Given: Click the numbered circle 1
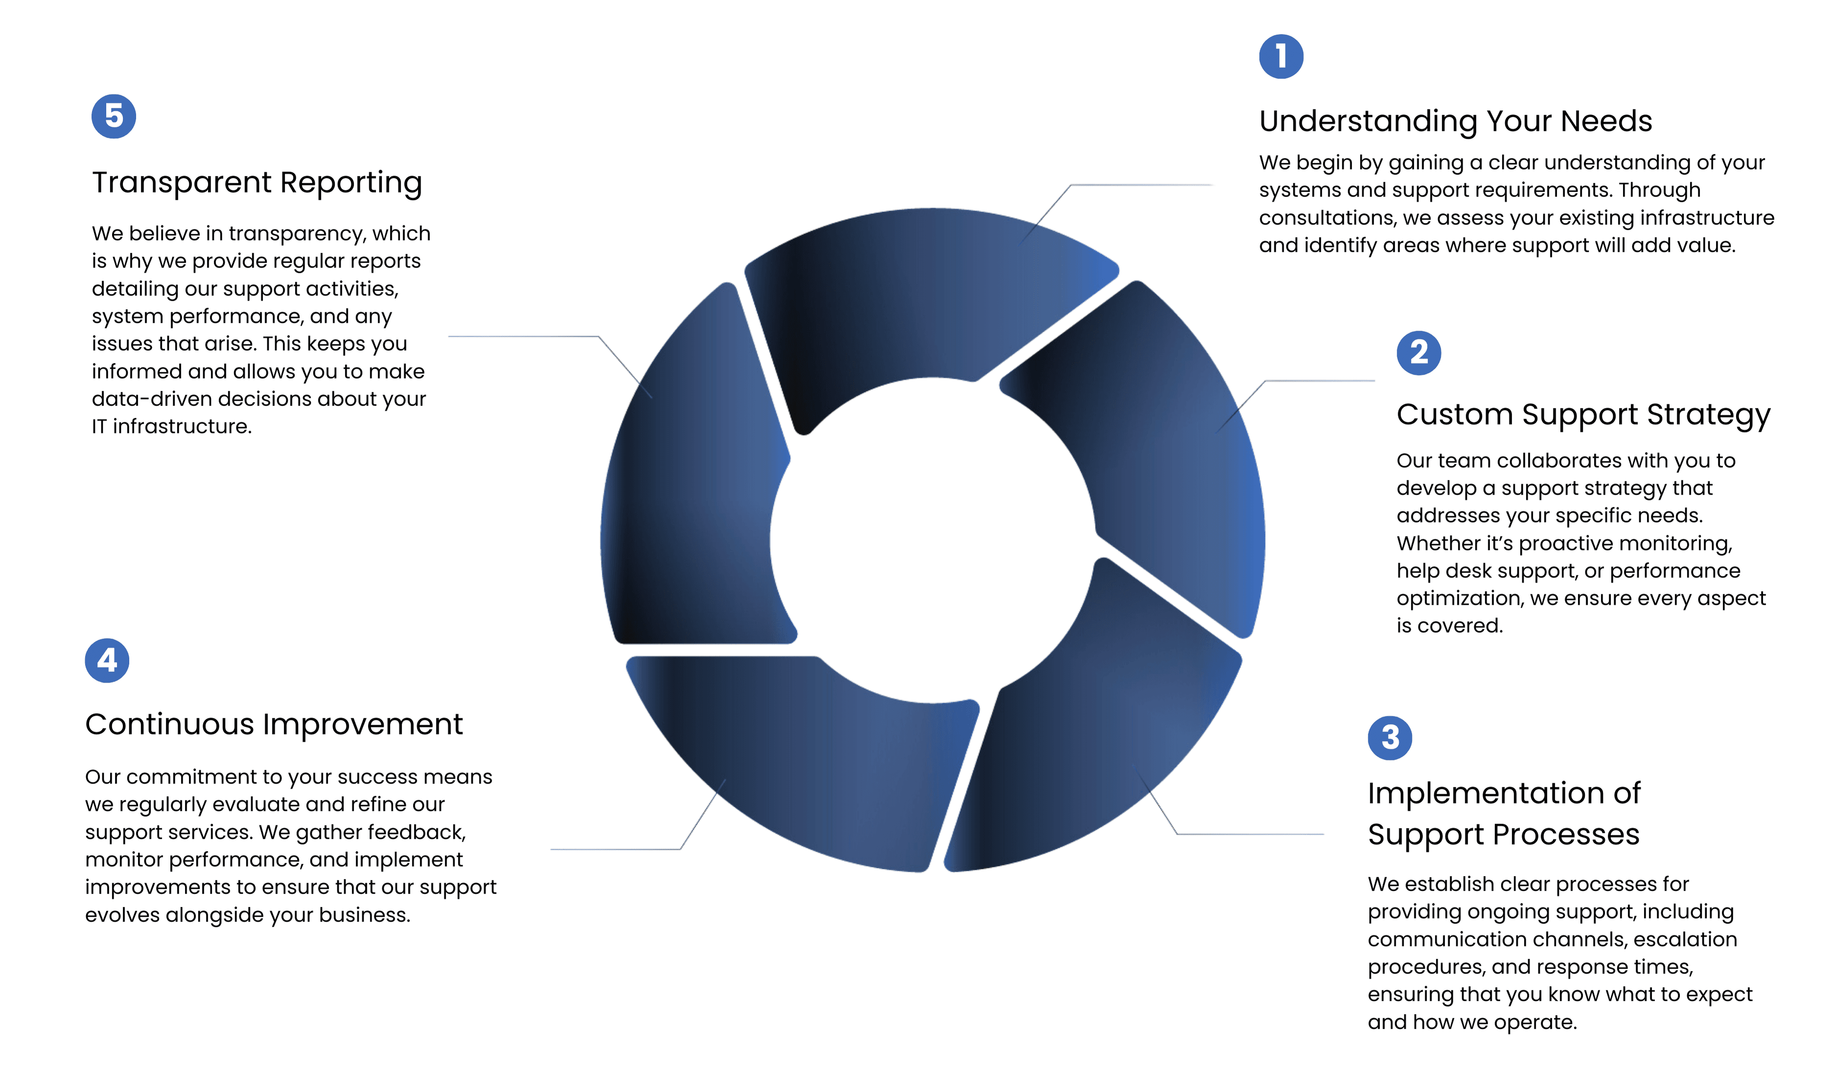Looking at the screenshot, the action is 1281,56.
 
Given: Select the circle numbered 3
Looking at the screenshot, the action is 1389,738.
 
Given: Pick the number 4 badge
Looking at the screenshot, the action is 107,660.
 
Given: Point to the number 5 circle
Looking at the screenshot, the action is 114,116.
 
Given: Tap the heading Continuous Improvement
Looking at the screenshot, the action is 274,724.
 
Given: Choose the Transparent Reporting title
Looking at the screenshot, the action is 257,183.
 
